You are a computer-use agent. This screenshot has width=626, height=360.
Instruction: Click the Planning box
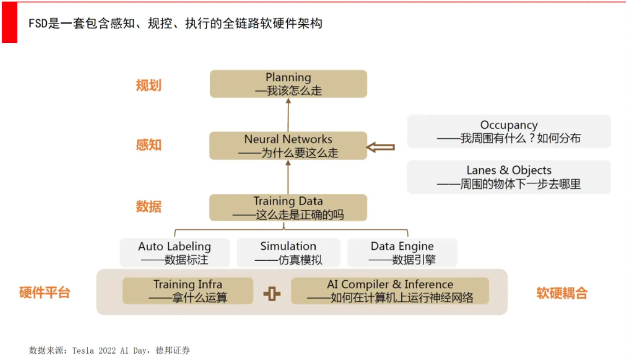(x=288, y=84)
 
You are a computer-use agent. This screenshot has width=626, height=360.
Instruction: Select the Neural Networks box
(x=288, y=146)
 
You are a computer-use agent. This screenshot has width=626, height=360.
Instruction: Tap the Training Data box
(x=288, y=208)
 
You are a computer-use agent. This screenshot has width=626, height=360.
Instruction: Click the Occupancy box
(x=509, y=132)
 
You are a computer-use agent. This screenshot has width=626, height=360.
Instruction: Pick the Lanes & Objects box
(x=509, y=177)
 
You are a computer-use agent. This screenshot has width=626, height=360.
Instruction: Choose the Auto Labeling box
(x=175, y=253)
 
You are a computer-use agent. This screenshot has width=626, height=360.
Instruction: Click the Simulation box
(x=288, y=253)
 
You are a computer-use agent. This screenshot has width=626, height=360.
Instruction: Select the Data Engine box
(x=402, y=253)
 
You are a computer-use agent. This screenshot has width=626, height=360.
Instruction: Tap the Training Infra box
(x=188, y=291)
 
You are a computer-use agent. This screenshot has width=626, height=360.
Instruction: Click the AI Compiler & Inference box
(x=390, y=291)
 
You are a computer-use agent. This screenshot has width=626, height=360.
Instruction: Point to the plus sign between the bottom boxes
(x=272, y=294)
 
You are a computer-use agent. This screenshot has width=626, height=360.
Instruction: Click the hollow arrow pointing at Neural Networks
(x=380, y=147)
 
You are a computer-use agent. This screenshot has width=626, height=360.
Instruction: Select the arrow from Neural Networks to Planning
(x=288, y=114)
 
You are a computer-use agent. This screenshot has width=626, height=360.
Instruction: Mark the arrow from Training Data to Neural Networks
(x=288, y=177)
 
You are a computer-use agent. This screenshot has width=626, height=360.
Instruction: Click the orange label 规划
(x=149, y=85)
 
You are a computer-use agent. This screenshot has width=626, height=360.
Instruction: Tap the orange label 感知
(x=149, y=145)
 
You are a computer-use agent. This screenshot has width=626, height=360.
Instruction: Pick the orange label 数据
(x=149, y=207)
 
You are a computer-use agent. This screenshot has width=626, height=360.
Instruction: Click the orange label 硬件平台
(x=45, y=293)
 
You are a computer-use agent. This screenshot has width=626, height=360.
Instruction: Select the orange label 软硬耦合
(x=562, y=293)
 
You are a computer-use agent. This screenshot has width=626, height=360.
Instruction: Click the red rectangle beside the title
(x=9, y=22)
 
